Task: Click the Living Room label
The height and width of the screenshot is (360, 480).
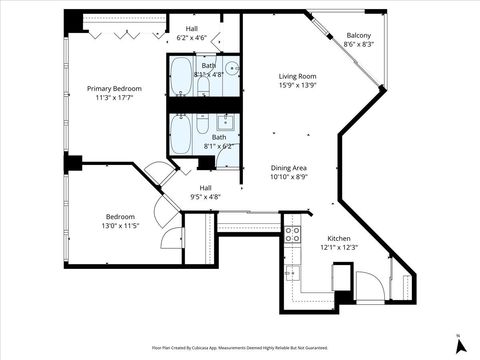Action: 297,76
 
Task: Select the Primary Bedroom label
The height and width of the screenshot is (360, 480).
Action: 114,89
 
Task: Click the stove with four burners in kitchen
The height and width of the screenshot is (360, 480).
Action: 294,235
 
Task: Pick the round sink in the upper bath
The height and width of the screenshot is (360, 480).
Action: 232,69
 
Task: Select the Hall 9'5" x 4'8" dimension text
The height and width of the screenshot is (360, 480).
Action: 205,197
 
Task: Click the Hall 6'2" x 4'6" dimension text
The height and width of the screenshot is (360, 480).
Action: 190,38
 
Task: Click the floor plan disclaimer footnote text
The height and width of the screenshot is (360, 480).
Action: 240,347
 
